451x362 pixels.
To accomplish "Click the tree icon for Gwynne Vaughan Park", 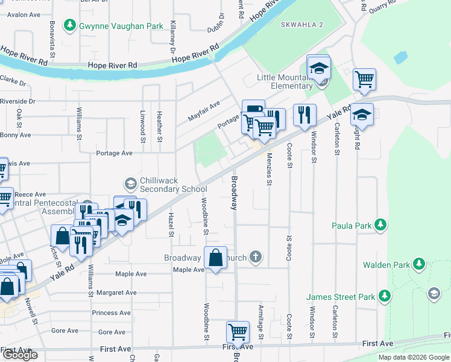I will click(x=71, y=25).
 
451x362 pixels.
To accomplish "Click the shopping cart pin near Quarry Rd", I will click(x=364, y=78).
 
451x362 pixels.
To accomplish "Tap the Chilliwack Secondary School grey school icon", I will click(x=130, y=182).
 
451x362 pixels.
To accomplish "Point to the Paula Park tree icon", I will click(x=380, y=226).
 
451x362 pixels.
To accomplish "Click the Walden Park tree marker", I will click(x=418, y=264).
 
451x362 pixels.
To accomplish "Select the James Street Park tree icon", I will click(x=383, y=296).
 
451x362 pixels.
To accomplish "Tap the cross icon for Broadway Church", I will click(x=256, y=258).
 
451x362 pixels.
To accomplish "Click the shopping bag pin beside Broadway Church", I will click(x=216, y=258).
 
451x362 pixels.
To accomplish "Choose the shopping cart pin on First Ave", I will click(x=238, y=332).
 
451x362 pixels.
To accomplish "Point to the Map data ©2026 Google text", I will click(x=414, y=357).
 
